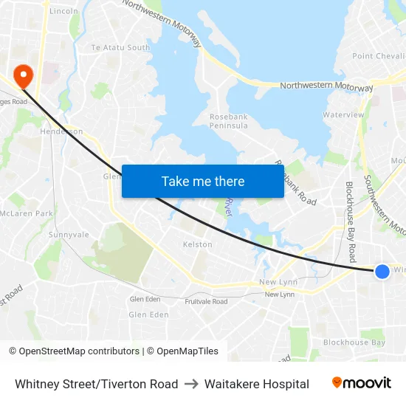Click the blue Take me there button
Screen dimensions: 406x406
[203, 181]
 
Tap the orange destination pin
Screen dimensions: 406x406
[23, 75]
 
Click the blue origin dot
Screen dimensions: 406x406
[382, 272]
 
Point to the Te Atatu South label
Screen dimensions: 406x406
[120, 48]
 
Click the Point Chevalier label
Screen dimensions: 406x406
[378, 56]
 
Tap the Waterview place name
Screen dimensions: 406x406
[343, 115]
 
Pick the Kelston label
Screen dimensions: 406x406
[197, 244]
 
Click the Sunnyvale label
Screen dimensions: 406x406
[69, 235]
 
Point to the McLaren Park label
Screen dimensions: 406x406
[27, 213]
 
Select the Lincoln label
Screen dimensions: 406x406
[63, 12]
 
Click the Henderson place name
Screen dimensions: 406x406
[61, 131]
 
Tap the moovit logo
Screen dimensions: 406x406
[362, 383]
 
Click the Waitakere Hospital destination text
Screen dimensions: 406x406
[257, 384]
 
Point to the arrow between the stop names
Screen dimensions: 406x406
[191, 384]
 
